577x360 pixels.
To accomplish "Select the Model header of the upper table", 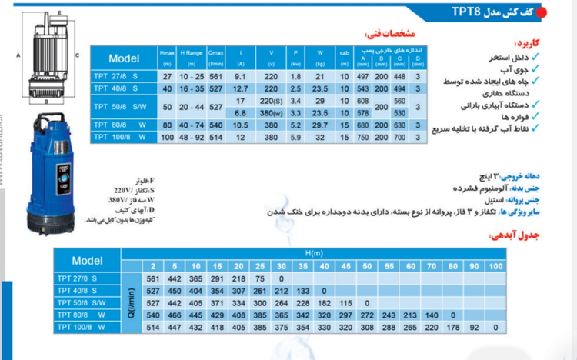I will pos(124,58).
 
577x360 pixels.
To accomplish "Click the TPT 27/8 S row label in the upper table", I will pos(118,77).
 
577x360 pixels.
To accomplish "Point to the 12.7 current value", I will pos(240,88).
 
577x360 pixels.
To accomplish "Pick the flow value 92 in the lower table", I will pos(474,326).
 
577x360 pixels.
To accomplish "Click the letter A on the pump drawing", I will pos(17,55).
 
